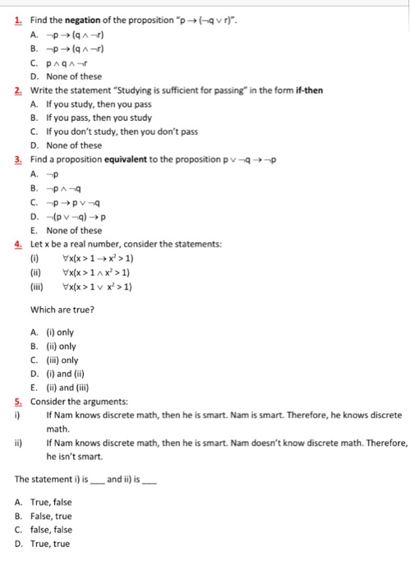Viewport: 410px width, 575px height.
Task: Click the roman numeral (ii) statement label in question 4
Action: click(35, 273)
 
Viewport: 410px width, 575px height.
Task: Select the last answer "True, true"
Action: click(53, 544)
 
